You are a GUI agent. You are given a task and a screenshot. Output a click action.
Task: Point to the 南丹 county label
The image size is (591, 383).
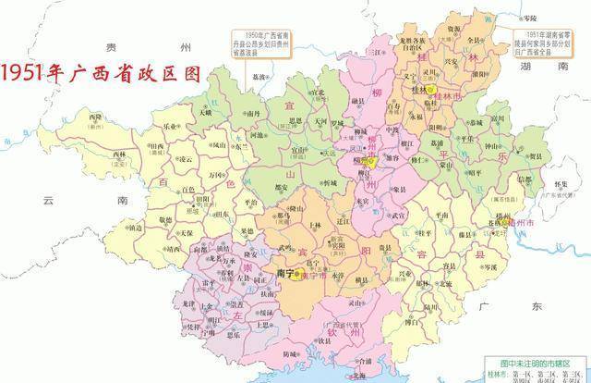(x=256, y=111)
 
